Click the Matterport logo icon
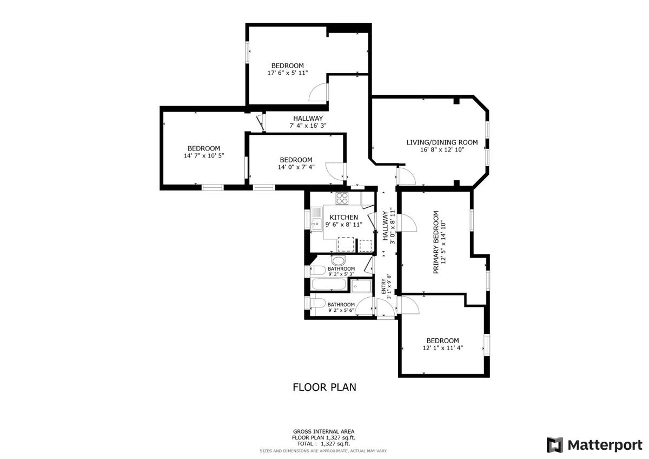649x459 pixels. click(x=555, y=445)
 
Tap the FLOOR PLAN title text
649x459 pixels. click(x=325, y=387)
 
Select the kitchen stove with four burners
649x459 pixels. click(x=342, y=198)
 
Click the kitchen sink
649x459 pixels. click(x=317, y=219)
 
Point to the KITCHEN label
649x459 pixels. click(x=344, y=217)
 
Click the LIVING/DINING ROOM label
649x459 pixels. click(x=442, y=142)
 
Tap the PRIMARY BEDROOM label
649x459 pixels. click(x=436, y=242)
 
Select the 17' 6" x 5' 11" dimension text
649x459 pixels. click(x=287, y=73)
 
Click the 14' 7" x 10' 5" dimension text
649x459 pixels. click(x=204, y=156)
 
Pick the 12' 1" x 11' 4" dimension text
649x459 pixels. click(x=443, y=348)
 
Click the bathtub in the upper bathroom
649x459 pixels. click(x=329, y=284)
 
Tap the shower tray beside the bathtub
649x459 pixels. click(x=361, y=286)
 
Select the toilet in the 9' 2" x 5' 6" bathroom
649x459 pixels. click(x=317, y=304)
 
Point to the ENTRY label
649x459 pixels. click(x=383, y=286)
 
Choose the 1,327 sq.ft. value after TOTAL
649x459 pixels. click(x=336, y=443)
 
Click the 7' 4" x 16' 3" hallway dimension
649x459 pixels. click(x=308, y=126)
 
